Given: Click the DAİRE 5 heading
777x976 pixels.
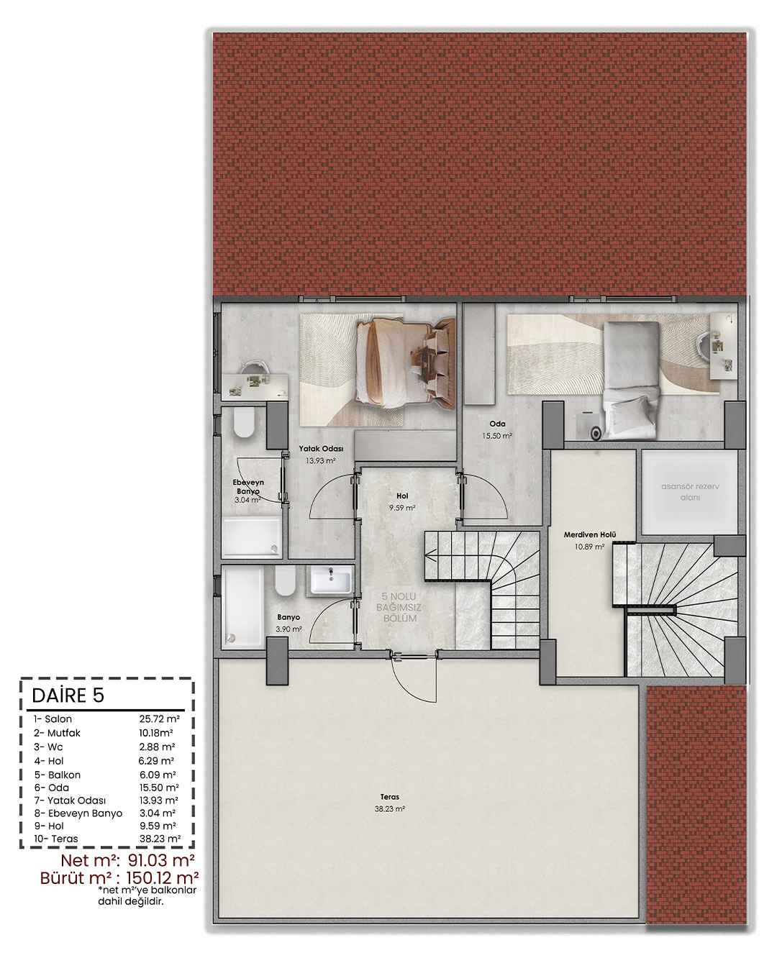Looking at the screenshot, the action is point(68,695).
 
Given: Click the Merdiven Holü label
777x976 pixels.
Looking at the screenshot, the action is point(590,534).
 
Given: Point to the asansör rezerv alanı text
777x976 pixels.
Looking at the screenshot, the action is point(690,492).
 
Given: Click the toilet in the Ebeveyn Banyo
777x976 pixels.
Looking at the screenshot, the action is point(244,421).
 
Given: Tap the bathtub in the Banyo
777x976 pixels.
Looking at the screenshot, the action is point(242,607).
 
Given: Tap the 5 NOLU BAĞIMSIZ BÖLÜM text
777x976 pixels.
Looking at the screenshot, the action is point(399,607).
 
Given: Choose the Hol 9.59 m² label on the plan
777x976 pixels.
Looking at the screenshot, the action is point(402,501).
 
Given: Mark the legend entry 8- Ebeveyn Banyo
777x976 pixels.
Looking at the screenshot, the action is point(78,813).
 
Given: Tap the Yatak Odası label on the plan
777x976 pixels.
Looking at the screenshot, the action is point(321,449).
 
